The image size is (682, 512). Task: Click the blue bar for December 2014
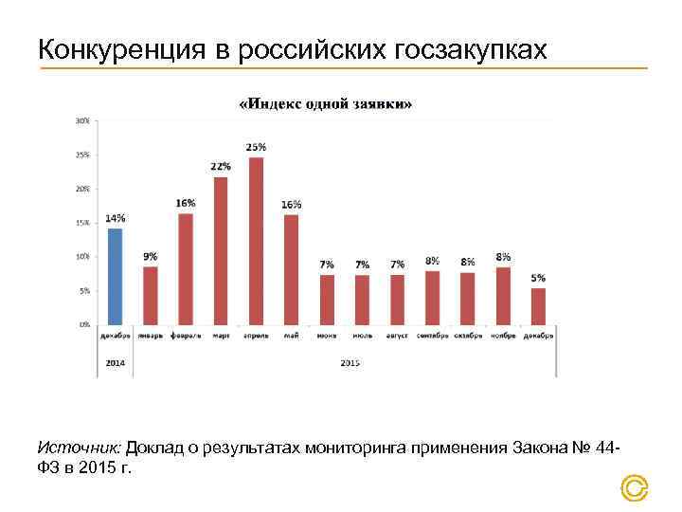tap(115, 276)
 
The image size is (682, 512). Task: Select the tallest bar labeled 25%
tap(256, 241)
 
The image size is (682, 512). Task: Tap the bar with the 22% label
tap(221, 250)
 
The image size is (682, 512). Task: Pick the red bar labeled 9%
tap(150, 295)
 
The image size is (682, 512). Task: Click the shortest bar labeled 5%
tap(538, 306)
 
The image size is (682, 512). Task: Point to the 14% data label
tap(115, 218)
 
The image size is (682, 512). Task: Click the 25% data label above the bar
tap(256, 147)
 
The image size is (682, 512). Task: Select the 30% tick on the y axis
tap(83, 120)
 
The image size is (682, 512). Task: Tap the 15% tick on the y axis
tap(83, 223)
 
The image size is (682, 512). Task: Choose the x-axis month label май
tap(291, 336)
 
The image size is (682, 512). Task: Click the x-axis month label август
tap(397, 336)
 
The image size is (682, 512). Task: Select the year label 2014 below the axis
tap(115, 362)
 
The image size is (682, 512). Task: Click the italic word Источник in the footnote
tap(80, 447)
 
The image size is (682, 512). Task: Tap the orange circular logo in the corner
tap(634, 488)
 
